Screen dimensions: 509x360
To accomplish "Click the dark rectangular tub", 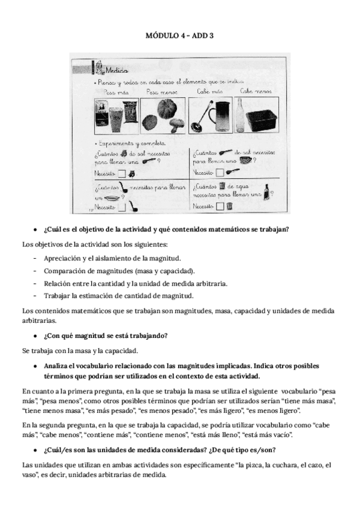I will (x=263, y=119).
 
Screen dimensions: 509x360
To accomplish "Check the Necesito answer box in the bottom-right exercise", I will (x=220, y=206).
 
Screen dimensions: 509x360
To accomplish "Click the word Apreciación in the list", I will (x=62, y=258).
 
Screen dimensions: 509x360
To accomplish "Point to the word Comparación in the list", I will (x=63, y=271).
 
